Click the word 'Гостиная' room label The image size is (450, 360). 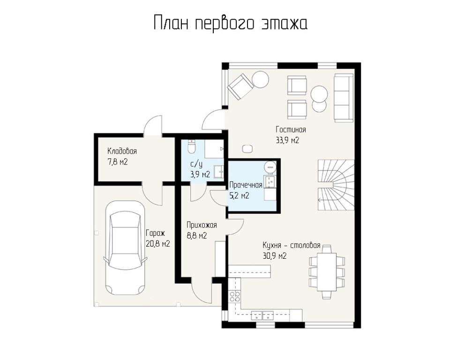(x=291, y=130)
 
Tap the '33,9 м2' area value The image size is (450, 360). (x=287, y=140)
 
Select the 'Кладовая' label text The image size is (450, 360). (x=122, y=151)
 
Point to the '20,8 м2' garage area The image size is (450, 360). (x=158, y=244)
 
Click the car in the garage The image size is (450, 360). (x=125, y=247)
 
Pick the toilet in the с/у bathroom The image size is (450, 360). (x=191, y=146)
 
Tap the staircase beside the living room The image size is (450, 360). (x=336, y=185)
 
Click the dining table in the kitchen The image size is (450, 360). (x=327, y=272)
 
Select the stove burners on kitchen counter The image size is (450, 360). (x=235, y=296)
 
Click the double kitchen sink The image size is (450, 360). (x=262, y=315)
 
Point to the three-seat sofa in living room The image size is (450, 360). (x=344, y=97)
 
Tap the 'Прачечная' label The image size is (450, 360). (x=246, y=185)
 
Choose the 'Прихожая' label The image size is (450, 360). (x=202, y=225)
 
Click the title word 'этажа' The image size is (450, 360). (x=284, y=23)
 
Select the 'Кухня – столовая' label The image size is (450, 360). (x=292, y=246)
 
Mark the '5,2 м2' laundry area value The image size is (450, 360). (x=239, y=196)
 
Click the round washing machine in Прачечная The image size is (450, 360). (x=270, y=167)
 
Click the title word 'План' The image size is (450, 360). (x=171, y=23)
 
